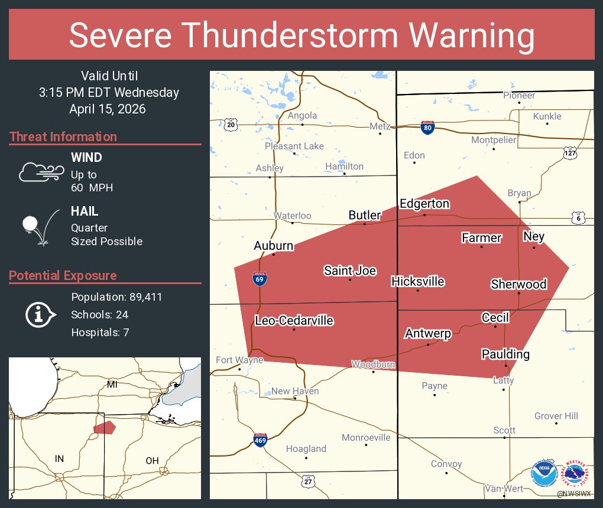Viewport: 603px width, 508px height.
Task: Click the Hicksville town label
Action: (x=418, y=281)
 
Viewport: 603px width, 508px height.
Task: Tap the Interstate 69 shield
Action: (x=259, y=279)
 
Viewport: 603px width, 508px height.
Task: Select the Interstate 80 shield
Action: (x=427, y=127)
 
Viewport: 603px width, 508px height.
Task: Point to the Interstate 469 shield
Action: (x=260, y=440)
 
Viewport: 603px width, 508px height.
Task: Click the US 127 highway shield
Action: (x=569, y=152)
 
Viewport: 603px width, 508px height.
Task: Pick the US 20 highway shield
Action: (x=231, y=124)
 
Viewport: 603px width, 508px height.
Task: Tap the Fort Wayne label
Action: (x=239, y=360)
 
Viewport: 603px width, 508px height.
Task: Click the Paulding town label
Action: (x=505, y=354)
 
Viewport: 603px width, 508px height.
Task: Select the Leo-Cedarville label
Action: (x=294, y=321)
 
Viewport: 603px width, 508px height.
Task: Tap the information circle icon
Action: (x=40, y=314)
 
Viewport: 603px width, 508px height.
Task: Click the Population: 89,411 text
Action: (x=116, y=297)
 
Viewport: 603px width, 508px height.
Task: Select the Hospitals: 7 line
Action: (x=100, y=332)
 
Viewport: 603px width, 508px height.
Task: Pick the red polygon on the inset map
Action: (x=105, y=427)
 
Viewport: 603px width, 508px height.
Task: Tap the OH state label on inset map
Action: (x=152, y=460)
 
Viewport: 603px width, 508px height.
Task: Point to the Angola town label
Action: (x=302, y=116)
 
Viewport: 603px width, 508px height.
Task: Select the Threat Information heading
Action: (x=63, y=136)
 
